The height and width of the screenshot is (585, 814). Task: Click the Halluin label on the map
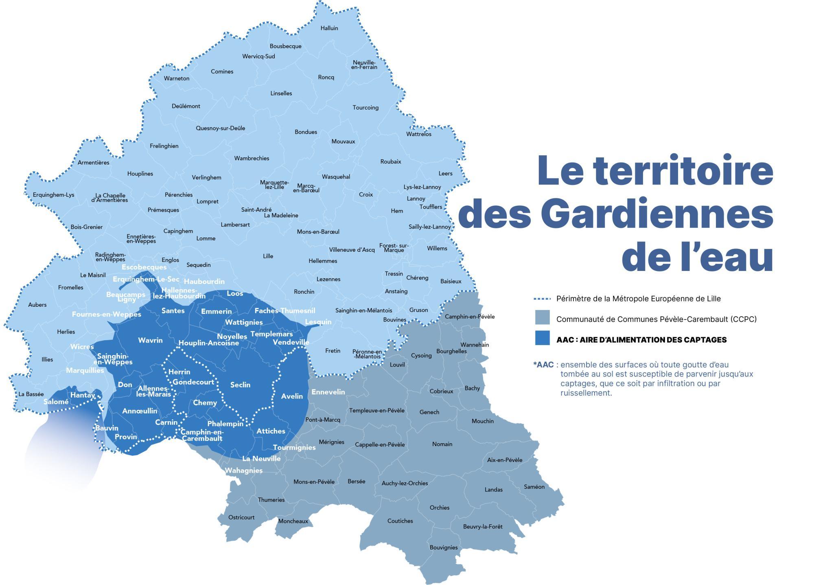[329, 28]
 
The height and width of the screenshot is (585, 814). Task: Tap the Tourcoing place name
[365, 108]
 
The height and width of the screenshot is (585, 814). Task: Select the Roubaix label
[391, 162]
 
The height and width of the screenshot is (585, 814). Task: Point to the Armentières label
[94, 163]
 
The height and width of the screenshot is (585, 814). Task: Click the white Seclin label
[240, 385]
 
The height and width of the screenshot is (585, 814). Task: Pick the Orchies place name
[440, 508]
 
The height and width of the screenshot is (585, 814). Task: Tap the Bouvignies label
[444, 548]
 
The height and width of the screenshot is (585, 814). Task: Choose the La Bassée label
[31, 394]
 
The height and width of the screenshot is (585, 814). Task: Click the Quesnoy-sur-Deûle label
[221, 128]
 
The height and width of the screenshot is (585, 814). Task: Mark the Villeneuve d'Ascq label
[352, 250]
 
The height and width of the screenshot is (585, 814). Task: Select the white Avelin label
[292, 396]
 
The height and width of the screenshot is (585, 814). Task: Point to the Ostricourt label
[241, 517]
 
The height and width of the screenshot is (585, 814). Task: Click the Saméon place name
[534, 487]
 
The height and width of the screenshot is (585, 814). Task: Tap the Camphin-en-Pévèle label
[470, 317]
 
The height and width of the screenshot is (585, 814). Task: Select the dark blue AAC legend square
[542, 339]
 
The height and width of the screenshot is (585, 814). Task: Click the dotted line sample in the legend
[542, 299]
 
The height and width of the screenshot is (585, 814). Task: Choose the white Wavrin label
[150, 341]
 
